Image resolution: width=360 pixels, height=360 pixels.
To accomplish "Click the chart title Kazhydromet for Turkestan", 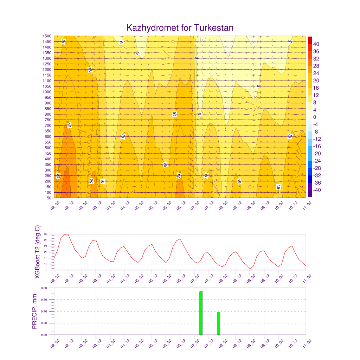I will tap(180, 28).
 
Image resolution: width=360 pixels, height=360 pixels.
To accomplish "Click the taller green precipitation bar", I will tap(201, 313).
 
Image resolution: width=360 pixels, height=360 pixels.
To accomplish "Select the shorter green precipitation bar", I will tap(218, 323).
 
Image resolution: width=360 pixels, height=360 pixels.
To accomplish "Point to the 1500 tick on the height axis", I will tap(47, 36).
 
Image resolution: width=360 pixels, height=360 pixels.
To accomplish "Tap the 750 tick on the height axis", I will tap(47, 120).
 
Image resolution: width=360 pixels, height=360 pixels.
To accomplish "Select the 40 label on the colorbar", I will tap(316, 44).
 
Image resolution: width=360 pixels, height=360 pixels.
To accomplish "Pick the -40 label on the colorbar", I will tap(316, 190).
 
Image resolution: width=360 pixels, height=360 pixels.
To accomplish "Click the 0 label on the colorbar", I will tap(315, 117).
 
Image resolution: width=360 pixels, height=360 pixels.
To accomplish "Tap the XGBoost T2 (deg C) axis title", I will tap(38, 252).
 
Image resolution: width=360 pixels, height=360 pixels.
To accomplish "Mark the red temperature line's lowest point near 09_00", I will tap(250, 269).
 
